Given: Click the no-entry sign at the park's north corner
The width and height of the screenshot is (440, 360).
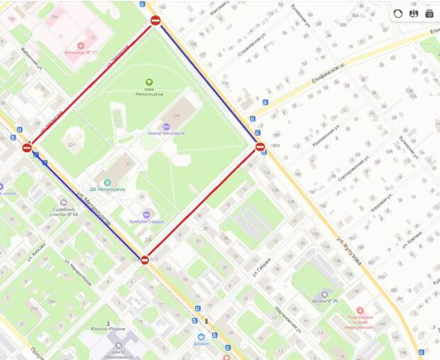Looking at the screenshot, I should pyautogui.click(x=155, y=21).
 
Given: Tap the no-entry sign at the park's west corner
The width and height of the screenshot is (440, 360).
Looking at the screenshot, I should pyautogui.click(x=27, y=148).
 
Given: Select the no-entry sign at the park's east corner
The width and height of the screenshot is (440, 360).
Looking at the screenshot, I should pyautogui.click(x=260, y=147).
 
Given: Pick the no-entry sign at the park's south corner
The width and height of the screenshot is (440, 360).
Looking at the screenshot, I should pyautogui.click(x=145, y=260).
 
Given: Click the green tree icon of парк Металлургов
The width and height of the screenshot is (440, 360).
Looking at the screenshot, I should pyautogui.click(x=149, y=82).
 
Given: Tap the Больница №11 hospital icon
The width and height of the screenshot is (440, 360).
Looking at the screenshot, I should pyautogui.click(x=81, y=45).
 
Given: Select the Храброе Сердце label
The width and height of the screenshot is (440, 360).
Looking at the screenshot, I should pyautogui.click(x=146, y=222).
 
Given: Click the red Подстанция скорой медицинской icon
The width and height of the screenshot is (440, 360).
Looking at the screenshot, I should pyautogui.click(x=361, y=310).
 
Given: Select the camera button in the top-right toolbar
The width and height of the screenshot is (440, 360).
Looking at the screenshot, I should pyautogui.click(x=429, y=13).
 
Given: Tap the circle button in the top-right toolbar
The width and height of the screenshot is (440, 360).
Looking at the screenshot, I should pyautogui.click(x=398, y=13).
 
